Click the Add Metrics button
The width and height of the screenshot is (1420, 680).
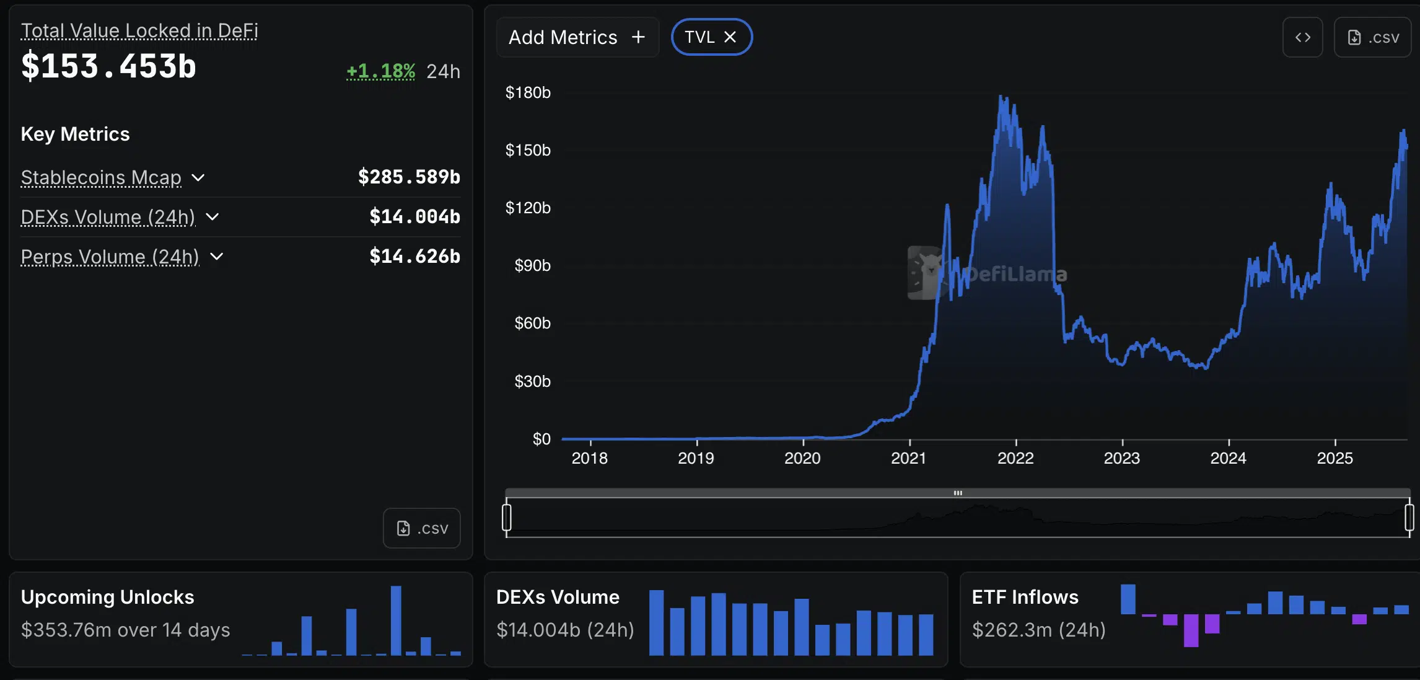(577, 37)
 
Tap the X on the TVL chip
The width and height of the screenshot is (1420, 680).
(730, 37)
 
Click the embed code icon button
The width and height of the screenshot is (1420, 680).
(1302, 37)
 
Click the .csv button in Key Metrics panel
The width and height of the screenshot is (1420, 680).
(421, 528)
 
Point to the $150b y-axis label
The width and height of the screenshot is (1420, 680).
(528, 150)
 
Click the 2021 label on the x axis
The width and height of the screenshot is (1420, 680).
(909, 458)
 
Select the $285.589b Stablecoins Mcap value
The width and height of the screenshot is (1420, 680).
(409, 177)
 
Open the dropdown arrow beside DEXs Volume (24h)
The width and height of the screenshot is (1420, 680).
(213, 217)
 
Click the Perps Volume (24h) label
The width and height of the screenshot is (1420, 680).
(110, 257)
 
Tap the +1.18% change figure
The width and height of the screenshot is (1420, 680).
(380, 71)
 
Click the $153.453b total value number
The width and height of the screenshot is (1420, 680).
(108, 66)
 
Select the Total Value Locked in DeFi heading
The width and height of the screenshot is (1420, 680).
(139, 30)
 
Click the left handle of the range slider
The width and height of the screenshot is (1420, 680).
(507, 518)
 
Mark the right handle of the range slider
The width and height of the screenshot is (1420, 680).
(1409, 518)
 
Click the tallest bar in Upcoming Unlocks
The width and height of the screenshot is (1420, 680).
(396, 620)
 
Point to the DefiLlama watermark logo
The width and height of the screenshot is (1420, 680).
(925, 273)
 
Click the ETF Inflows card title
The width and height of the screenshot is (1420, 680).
(1025, 597)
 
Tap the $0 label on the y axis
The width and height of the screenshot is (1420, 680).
(541, 439)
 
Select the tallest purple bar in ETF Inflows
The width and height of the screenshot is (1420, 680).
(1191, 630)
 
